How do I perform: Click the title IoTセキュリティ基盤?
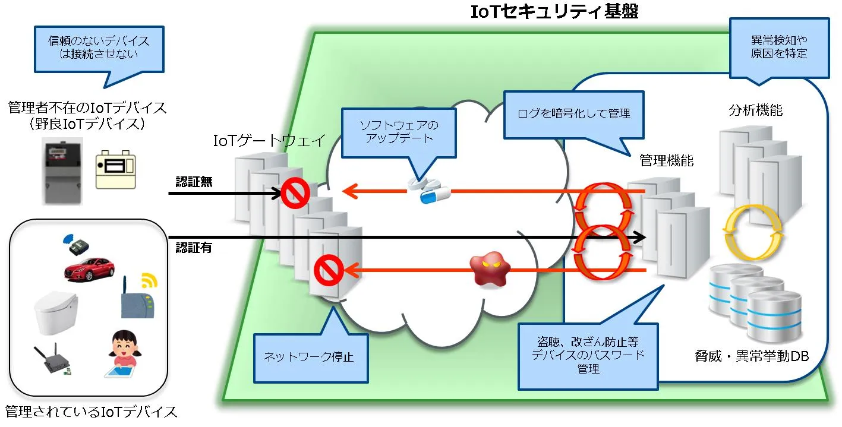point(554,12)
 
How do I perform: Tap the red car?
point(90,269)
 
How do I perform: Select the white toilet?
point(56,313)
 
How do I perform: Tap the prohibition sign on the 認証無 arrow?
point(295,193)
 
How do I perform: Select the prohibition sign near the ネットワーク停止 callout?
point(329,270)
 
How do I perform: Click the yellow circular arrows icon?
point(753,232)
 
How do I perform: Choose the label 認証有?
point(194,248)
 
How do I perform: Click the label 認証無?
point(194,182)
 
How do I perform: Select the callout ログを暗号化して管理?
point(573,114)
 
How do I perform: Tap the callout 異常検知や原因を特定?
point(779,48)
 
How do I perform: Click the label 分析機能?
point(756,110)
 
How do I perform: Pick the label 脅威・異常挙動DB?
point(752,356)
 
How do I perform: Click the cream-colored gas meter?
point(116,169)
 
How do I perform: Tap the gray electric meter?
point(62,171)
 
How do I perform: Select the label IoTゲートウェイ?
point(269,141)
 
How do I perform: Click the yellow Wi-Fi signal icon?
point(149,280)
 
